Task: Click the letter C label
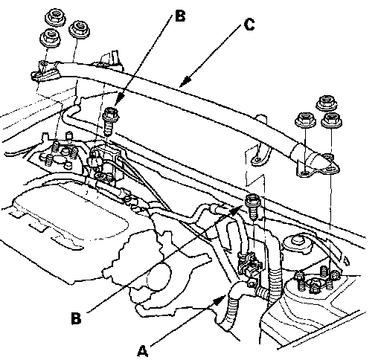[249, 25]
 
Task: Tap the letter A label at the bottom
[143, 350]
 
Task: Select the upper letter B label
[180, 16]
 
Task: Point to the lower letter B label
[76, 318]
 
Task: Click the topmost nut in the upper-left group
[56, 17]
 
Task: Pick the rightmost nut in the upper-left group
[80, 28]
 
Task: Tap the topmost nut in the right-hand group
[327, 103]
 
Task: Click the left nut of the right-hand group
[305, 120]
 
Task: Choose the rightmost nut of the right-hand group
[332, 120]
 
